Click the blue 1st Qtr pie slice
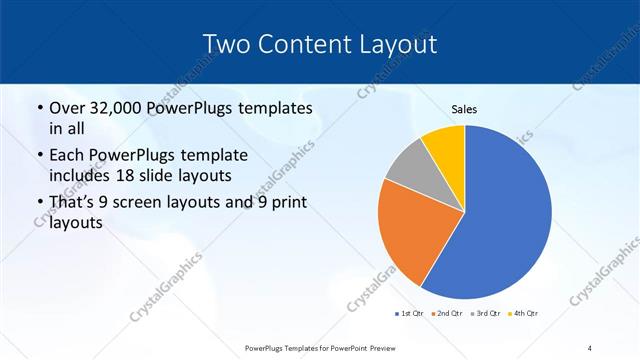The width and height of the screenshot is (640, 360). pyautogui.click(x=500, y=220)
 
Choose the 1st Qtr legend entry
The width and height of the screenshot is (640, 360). pyautogui.click(x=409, y=313)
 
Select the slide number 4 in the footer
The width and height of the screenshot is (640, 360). pyautogui.click(x=590, y=347)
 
